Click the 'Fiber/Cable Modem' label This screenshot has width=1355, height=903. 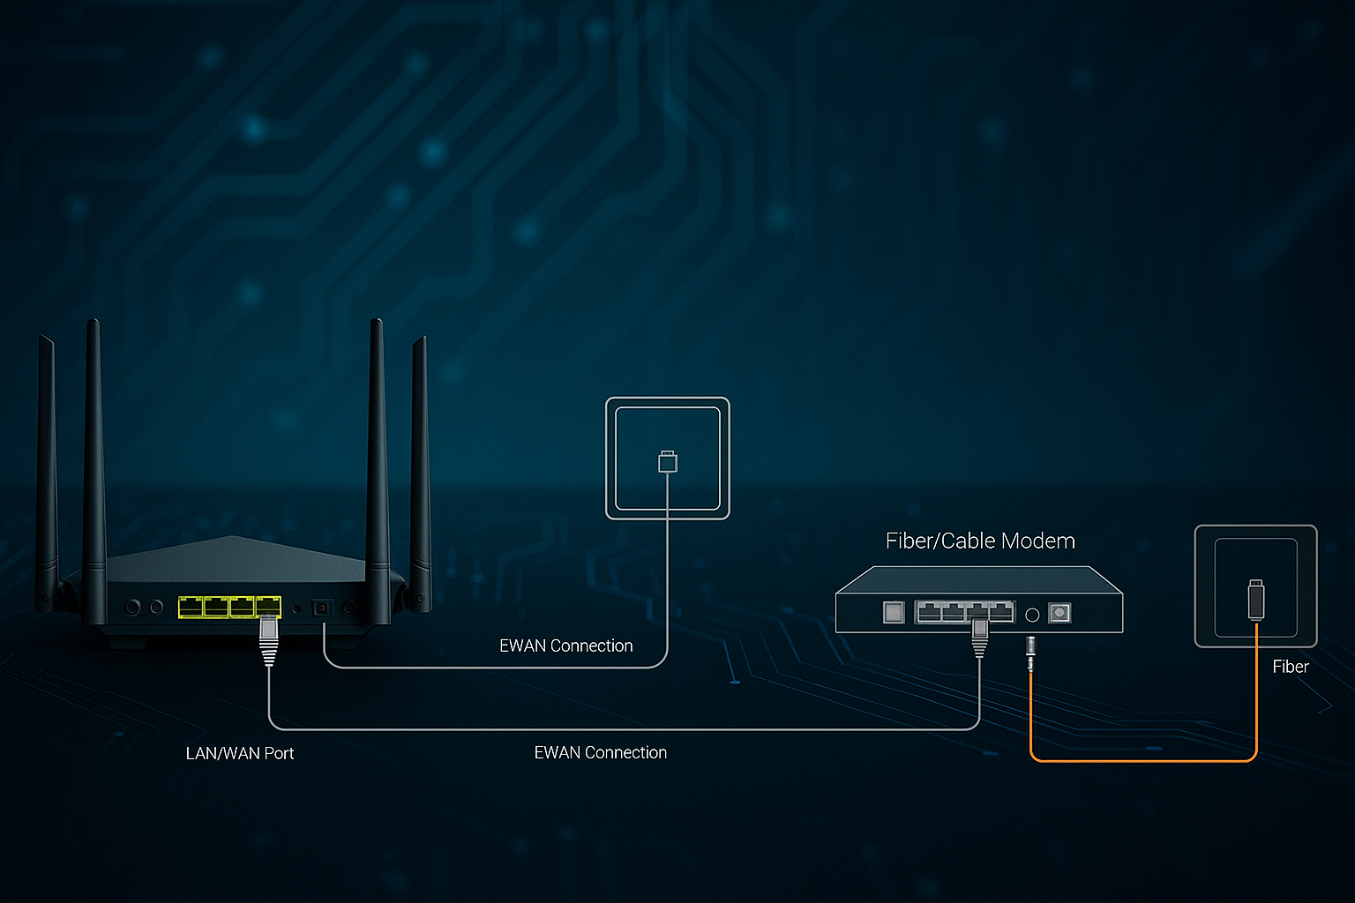click(x=980, y=541)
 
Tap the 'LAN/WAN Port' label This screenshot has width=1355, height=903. click(x=239, y=753)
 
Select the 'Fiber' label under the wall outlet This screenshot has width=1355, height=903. click(x=1290, y=667)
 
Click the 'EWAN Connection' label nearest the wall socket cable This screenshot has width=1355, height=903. click(x=565, y=646)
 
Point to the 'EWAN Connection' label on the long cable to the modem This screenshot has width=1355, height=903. click(x=600, y=752)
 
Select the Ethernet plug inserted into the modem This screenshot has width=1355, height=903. click(x=979, y=637)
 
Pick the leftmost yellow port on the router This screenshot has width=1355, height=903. click(x=191, y=607)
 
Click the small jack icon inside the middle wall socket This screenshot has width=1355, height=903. click(x=668, y=461)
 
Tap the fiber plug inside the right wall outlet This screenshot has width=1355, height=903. click(x=1256, y=600)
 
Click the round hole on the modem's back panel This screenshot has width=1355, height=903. click(x=1032, y=614)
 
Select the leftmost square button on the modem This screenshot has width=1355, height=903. click(x=894, y=612)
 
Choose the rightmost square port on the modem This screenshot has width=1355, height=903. click(x=1059, y=612)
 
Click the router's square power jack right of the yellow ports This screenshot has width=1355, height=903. click(x=322, y=608)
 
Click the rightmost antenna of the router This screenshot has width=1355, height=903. click(x=420, y=467)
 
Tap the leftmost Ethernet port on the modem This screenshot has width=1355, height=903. click(x=928, y=611)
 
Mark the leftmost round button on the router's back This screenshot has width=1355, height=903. click(x=133, y=607)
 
